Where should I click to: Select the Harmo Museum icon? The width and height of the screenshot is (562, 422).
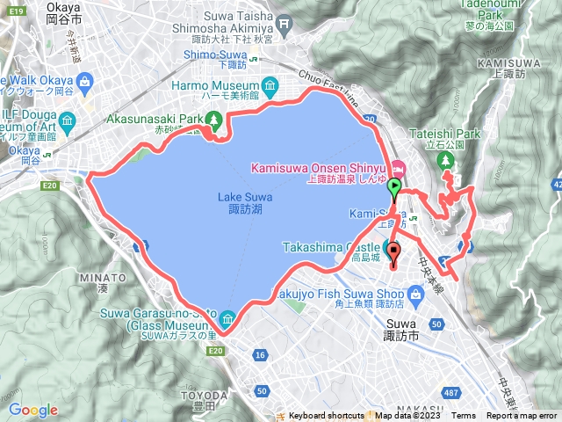pyautogui.click(x=270, y=86)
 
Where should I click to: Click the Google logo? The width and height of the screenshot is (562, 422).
pyautogui.click(x=33, y=409)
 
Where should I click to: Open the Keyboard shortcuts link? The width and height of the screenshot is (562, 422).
pyautogui.click(x=326, y=416)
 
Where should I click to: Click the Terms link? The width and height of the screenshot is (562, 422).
pyautogui.click(x=464, y=416)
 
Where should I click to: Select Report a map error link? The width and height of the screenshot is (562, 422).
pyautogui.click(x=522, y=416)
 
